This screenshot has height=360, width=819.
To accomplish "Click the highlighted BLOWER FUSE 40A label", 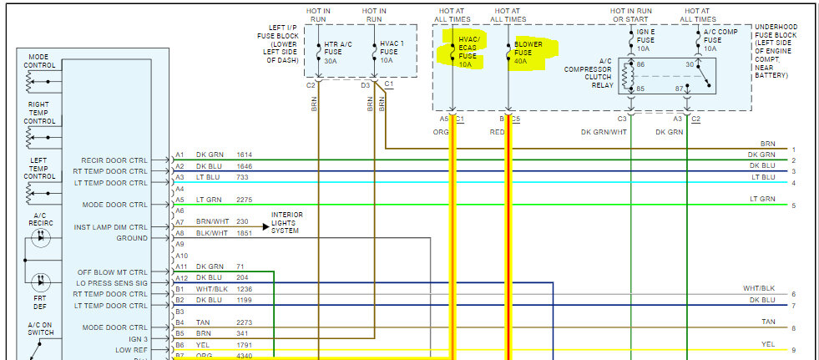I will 527,51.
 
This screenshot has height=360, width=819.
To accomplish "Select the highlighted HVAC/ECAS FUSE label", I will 468,52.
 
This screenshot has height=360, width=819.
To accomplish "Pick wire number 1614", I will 244,155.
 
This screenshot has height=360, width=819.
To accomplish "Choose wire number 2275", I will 244,200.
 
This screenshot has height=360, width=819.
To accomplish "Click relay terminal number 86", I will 640,64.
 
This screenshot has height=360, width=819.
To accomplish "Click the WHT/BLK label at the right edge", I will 759,288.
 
